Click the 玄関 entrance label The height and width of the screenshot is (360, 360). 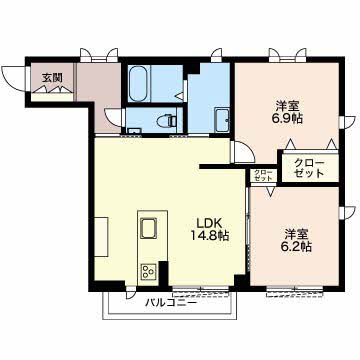pos(52,78)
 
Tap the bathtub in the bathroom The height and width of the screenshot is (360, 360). pos(138,84)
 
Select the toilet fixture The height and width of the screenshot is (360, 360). pos(167,120)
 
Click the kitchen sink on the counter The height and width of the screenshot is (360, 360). pos(148,228)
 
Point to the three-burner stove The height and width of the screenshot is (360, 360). pos(149,270)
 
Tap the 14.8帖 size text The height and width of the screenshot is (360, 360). pos(209,236)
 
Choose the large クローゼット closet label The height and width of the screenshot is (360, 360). pos(309,168)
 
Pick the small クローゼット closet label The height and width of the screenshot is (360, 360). pos(263,175)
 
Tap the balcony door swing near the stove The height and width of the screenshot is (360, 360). pos(131,295)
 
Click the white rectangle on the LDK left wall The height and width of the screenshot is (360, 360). pos(101,237)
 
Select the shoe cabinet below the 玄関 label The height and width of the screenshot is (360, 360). pos(52,97)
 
